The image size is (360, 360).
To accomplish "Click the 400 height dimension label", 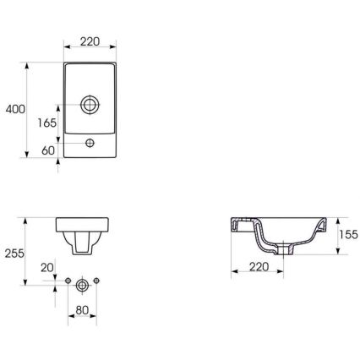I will coord(14,109).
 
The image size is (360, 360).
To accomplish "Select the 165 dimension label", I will coord(47,123).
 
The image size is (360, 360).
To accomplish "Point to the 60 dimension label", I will coord(47,151).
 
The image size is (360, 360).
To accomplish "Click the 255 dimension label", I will coord(14,253).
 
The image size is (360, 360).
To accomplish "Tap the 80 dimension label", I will coord(82,309).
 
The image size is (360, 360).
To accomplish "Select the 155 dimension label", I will coord(347,236).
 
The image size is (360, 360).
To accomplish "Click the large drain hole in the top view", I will coord(90,106).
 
